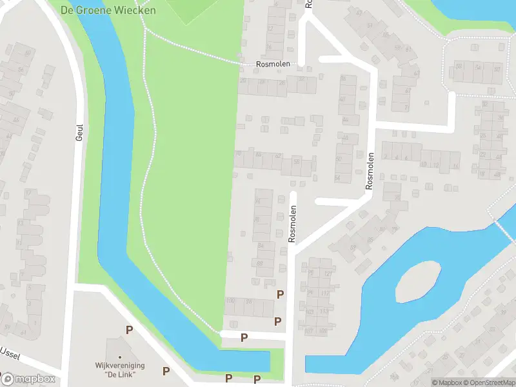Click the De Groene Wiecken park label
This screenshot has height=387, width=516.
[108, 10]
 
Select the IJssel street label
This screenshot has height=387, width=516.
[12, 353]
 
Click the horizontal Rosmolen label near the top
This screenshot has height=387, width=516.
[273, 64]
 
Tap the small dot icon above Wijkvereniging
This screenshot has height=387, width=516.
[120, 357]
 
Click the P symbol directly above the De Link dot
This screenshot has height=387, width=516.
[130, 330]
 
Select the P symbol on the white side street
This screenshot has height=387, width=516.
[244, 337]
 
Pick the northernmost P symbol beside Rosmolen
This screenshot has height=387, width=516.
[280, 294]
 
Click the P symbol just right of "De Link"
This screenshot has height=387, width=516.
[166, 371]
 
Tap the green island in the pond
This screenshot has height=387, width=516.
[417, 282]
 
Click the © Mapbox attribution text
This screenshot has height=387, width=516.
[446, 382]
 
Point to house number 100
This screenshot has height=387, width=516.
[230, 301]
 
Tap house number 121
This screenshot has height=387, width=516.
[328, 274]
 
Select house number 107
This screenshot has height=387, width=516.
[309, 332]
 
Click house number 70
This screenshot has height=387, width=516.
[239, 154]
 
